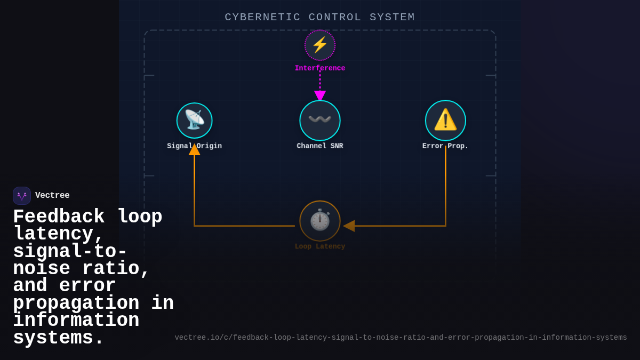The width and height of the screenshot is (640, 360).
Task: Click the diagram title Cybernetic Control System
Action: (x=319, y=17)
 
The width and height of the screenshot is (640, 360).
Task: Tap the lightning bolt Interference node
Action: (x=320, y=45)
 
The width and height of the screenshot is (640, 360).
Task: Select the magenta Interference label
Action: (x=320, y=68)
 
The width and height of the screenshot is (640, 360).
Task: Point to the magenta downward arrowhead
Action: (x=320, y=95)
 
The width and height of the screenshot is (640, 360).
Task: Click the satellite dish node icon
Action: (x=195, y=121)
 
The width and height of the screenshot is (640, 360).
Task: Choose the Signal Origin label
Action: (x=194, y=146)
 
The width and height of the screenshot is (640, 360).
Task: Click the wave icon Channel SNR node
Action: (x=320, y=121)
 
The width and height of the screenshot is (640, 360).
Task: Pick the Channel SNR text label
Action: (x=320, y=146)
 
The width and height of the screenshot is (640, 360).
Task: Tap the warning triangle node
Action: (x=445, y=121)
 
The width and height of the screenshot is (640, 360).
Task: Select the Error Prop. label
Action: (x=445, y=146)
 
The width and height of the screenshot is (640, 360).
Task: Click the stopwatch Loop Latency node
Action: (x=320, y=221)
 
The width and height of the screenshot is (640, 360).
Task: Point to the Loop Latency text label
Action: (x=320, y=246)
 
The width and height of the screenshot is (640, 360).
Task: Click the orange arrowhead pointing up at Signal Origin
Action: (x=195, y=150)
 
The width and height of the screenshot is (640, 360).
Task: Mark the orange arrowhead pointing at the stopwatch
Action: (x=349, y=226)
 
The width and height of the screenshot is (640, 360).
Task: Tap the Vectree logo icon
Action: (x=22, y=196)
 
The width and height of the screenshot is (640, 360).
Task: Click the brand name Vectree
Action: (x=52, y=196)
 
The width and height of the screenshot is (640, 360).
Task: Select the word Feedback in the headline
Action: (x=59, y=217)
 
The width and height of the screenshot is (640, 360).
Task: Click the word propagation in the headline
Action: (x=76, y=303)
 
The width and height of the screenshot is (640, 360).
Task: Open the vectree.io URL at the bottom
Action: (x=401, y=338)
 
